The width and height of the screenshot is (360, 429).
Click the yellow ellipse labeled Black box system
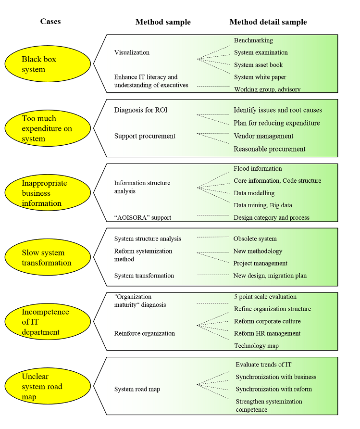click(x=48, y=64)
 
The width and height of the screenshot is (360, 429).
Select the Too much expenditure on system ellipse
click(x=48, y=128)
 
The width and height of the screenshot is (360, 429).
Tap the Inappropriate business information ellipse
click(x=48, y=193)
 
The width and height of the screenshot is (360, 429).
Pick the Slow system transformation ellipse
click(x=48, y=257)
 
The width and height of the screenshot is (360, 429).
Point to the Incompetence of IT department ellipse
click(x=48, y=322)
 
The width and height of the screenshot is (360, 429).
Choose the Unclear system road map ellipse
click(x=48, y=386)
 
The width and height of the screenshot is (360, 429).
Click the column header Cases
click(x=50, y=21)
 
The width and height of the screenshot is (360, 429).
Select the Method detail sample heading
click(x=268, y=22)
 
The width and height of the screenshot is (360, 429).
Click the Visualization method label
click(x=132, y=52)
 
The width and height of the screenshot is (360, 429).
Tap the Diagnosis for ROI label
click(x=141, y=110)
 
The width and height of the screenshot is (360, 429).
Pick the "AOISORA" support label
click(x=142, y=217)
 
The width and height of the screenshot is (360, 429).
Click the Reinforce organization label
click(x=144, y=333)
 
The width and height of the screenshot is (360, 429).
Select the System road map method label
click(x=137, y=389)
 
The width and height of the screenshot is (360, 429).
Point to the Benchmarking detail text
click(x=253, y=40)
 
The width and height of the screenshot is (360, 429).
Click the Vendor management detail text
click(x=263, y=136)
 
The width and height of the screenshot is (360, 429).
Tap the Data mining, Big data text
click(x=262, y=205)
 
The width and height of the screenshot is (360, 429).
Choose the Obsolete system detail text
click(x=255, y=239)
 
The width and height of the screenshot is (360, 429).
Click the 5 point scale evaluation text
click(x=265, y=297)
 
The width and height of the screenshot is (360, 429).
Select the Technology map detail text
click(x=256, y=346)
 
